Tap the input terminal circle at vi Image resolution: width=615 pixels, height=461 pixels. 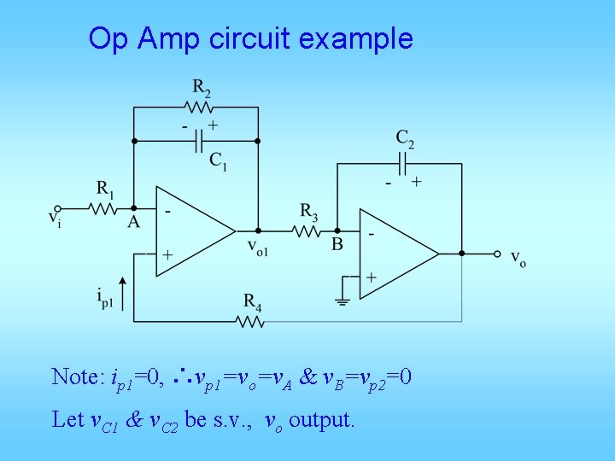pos(58,207)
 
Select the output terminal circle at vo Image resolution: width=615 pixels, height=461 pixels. pos(495,254)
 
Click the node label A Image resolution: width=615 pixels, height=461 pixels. pos(133,222)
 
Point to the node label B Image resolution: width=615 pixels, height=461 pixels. pos(337,244)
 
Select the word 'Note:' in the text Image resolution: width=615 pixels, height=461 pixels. pos(77,376)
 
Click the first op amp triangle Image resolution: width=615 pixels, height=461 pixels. pos(191,230)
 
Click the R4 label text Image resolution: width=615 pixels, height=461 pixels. pos(253,301)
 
